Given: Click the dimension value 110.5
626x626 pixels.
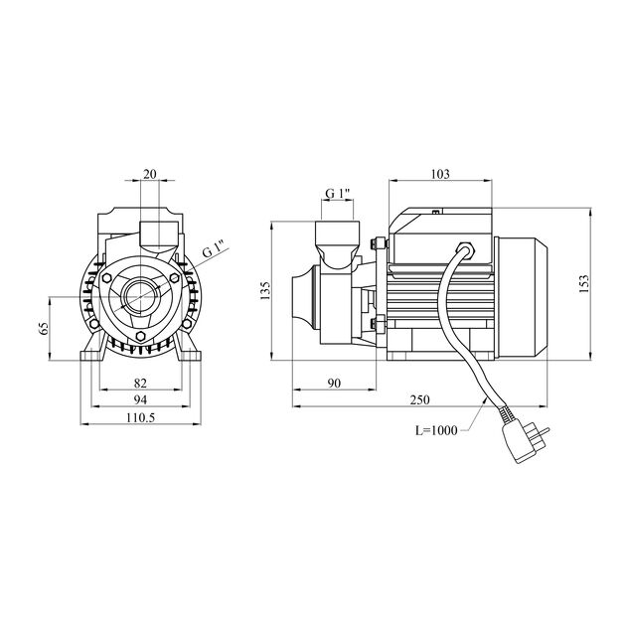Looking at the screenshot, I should (141, 418).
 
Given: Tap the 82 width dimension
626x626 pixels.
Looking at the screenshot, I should (140, 383).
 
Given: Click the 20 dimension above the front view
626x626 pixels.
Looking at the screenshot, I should (149, 173).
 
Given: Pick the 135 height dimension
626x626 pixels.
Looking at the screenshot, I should (265, 290).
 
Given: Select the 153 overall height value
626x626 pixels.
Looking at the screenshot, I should (599, 284).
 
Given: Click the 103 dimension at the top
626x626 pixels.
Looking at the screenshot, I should (441, 174).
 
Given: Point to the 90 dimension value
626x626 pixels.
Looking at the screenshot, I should (334, 383).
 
